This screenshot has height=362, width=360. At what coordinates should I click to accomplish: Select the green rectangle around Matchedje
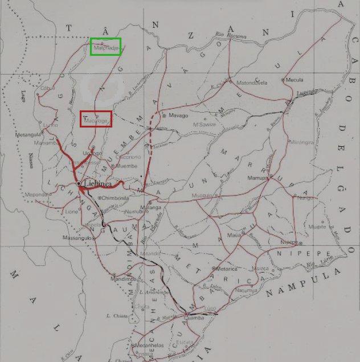[x=105, y=47]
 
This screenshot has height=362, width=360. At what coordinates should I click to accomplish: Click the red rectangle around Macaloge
[x=96, y=119]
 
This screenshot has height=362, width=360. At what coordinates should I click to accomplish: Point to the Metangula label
[x=31, y=134]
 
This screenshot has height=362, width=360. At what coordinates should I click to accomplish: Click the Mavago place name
[x=178, y=116]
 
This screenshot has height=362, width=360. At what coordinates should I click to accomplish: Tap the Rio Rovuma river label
[x=227, y=35]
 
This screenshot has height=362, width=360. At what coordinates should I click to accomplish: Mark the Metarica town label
[x=226, y=268]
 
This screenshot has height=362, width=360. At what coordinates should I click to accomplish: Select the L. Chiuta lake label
[x=116, y=315]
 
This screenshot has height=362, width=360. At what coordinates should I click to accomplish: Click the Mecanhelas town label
[x=148, y=345]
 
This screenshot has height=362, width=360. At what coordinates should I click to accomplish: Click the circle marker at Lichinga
[x=78, y=184]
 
